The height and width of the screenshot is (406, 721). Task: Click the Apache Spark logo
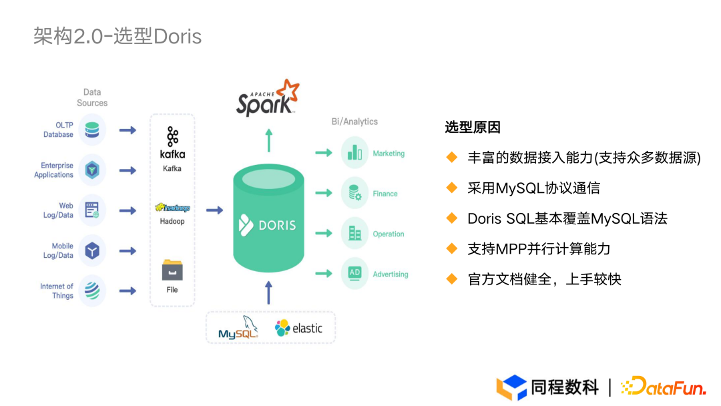(267, 99)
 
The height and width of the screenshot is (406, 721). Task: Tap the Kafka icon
(172, 137)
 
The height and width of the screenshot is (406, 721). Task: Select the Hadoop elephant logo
(172, 208)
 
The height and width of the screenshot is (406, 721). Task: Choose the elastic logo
(298, 328)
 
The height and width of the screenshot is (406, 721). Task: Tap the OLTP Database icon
(92, 129)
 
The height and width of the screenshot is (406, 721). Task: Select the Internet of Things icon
(92, 290)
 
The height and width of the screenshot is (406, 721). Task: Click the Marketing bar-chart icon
(354, 153)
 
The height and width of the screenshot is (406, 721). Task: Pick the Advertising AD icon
(354, 274)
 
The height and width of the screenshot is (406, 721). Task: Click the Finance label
(385, 194)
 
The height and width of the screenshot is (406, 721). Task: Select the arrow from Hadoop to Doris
(214, 210)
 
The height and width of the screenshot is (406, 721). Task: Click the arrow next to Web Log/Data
(128, 210)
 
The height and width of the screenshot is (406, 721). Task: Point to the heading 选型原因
(473, 128)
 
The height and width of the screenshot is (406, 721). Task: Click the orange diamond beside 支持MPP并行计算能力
(452, 248)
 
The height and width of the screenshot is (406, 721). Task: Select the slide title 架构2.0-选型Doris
(117, 36)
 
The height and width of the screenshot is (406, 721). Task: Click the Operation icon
(354, 234)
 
